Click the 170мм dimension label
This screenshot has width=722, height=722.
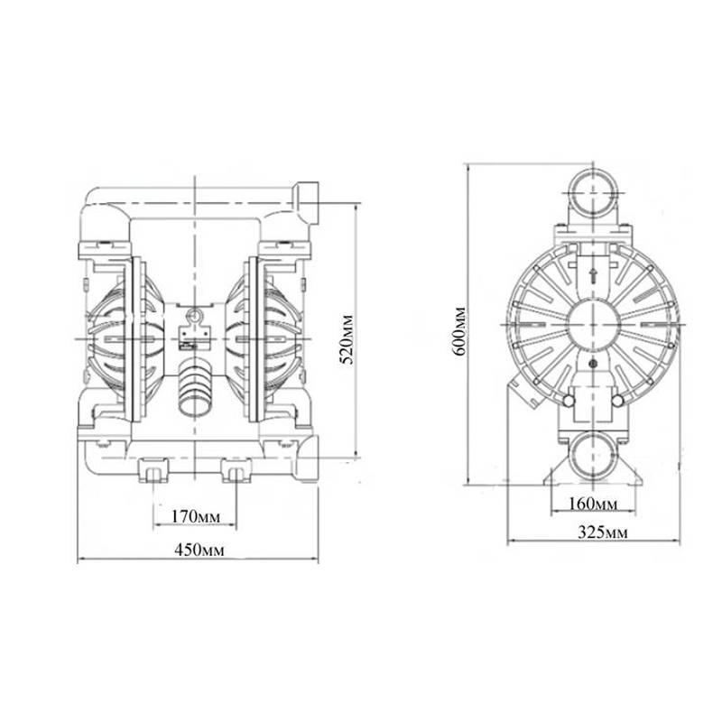coord(195,517)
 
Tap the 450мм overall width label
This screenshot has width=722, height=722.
coord(199,550)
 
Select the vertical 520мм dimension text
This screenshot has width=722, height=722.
coord(347,339)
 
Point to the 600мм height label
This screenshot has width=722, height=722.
coord(459,330)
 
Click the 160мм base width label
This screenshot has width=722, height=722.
coord(593,504)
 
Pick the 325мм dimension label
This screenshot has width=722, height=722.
coord(602,532)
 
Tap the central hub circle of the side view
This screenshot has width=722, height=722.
coord(594,324)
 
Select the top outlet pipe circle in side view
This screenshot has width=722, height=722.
coord(593,192)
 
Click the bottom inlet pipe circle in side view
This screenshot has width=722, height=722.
coord(594,456)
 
